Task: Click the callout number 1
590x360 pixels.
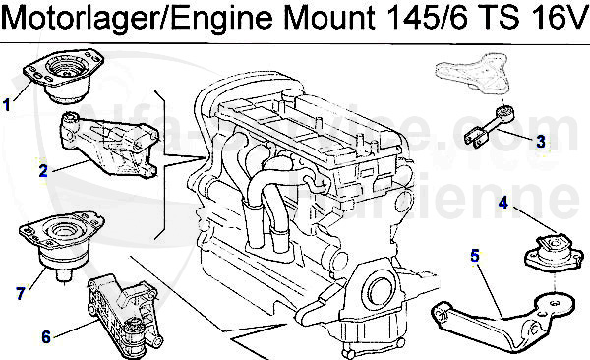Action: (8, 100)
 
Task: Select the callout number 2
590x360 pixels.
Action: (43, 171)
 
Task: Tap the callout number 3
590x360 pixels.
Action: (541, 141)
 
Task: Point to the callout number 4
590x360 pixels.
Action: (503, 204)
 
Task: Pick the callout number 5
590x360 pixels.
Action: (475, 257)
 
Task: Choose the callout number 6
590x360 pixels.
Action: (45, 335)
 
